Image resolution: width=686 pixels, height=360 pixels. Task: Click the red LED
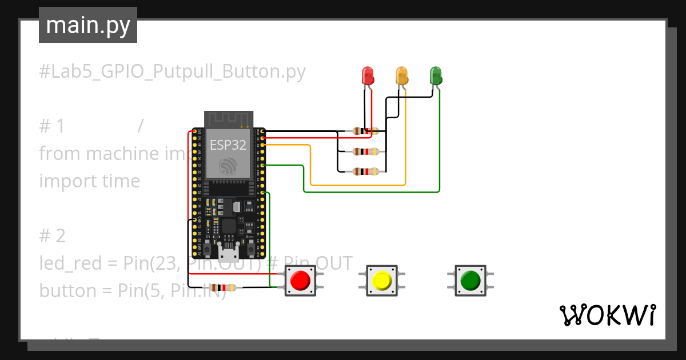pos(368,76)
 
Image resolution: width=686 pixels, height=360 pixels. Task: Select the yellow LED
pos(402,76)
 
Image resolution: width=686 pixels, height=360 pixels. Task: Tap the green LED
pos(436,76)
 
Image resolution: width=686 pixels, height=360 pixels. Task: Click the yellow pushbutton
pos(381,281)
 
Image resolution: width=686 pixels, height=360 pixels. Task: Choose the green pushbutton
pos(470,281)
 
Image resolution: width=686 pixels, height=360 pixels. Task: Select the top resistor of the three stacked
pos(365,131)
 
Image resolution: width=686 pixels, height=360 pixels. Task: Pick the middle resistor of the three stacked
pos(365,151)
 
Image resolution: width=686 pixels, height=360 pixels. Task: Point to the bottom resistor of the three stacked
pos(365,171)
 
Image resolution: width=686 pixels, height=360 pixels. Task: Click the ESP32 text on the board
pos(228,145)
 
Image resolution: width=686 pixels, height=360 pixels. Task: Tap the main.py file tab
pos(88,26)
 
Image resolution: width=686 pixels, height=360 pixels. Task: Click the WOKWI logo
pos(607,315)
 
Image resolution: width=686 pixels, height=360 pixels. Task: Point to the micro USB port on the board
pos(229,252)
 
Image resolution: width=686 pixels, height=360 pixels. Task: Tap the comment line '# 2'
pos(53,236)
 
